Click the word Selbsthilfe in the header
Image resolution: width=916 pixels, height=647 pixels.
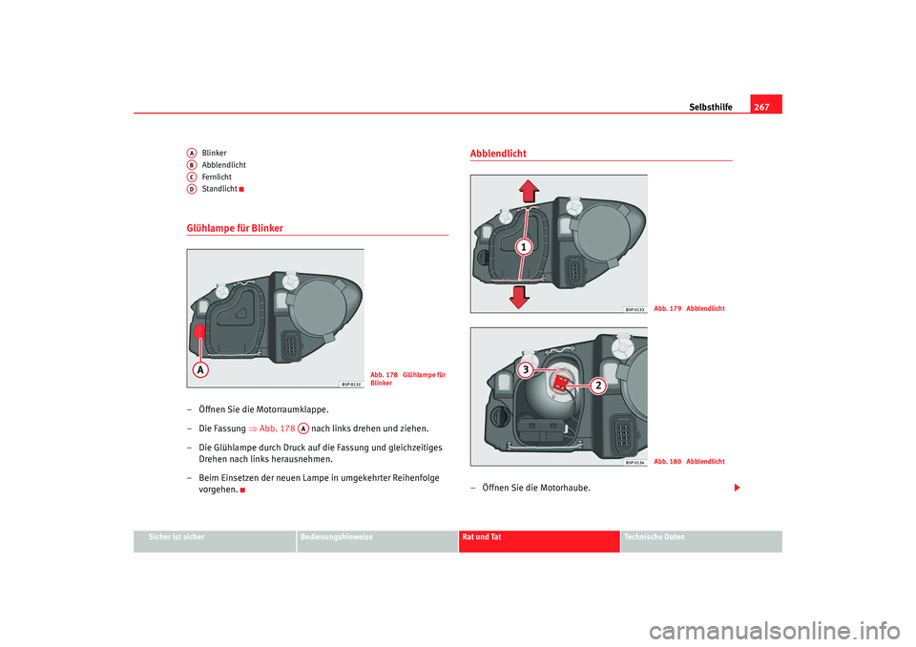711,107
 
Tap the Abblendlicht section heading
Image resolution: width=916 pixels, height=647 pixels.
498,154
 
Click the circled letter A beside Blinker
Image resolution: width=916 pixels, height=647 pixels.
192,153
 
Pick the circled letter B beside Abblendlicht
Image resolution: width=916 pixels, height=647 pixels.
192,164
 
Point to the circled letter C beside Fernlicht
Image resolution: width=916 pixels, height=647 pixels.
192,177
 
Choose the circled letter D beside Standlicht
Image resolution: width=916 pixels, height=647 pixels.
192,189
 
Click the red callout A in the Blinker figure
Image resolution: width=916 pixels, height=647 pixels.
201,368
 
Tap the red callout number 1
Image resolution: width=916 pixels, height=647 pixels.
523,248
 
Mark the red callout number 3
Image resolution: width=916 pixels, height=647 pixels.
525,367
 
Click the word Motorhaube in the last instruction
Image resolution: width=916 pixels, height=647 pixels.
563,488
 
